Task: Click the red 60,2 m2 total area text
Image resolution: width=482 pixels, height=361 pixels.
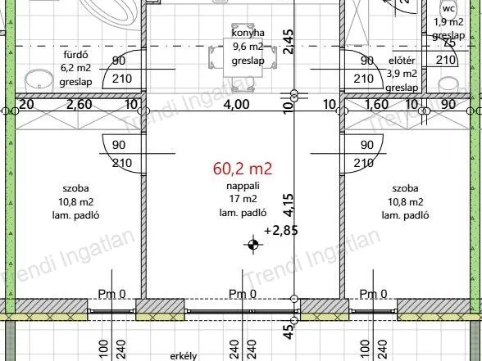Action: pyautogui.click(x=242, y=169)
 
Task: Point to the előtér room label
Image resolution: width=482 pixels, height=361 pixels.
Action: pyautogui.click(x=402, y=61)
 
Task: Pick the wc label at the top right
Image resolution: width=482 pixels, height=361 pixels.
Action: pyautogui.click(x=448, y=9)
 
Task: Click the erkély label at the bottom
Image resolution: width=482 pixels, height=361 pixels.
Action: pyautogui.click(x=181, y=356)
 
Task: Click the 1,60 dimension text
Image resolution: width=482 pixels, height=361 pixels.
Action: pyautogui.click(x=376, y=105)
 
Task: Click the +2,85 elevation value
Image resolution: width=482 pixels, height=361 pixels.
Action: pyautogui.click(x=281, y=230)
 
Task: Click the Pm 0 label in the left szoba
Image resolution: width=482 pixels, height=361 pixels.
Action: pyautogui.click(x=111, y=295)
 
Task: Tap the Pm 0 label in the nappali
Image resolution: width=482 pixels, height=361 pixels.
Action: pyautogui.click(x=243, y=295)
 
